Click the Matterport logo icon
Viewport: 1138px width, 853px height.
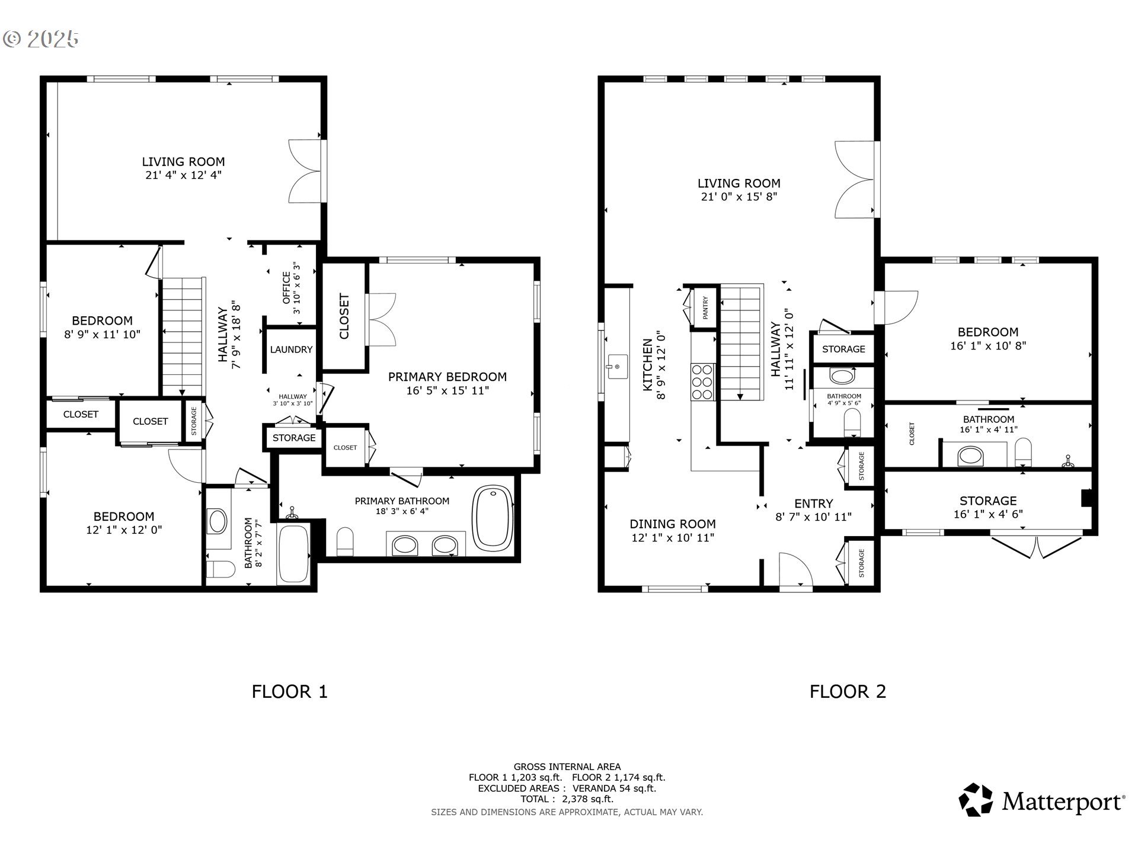point(976,800)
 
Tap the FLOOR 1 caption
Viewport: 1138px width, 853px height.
point(289,691)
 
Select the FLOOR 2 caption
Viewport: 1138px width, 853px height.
point(848,691)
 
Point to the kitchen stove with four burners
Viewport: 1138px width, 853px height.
point(703,382)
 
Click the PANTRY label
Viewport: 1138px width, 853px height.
point(705,308)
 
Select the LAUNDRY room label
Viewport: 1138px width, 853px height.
point(291,349)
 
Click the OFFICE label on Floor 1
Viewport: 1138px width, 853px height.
point(286,287)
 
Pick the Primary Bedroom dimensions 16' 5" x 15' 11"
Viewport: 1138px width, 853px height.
point(447,390)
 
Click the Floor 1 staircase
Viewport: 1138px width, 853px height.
point(183,336)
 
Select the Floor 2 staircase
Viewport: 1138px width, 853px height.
point(741,343)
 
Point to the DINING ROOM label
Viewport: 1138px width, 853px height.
point(673,524)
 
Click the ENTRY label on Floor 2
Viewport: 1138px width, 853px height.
point(814,504)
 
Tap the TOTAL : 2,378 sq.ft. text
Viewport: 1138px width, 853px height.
point(567,799)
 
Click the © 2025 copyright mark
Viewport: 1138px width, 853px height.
point(40,39)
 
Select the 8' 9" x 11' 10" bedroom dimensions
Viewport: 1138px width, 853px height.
point(102,334)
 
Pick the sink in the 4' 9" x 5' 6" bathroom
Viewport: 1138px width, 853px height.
point(842,376)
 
